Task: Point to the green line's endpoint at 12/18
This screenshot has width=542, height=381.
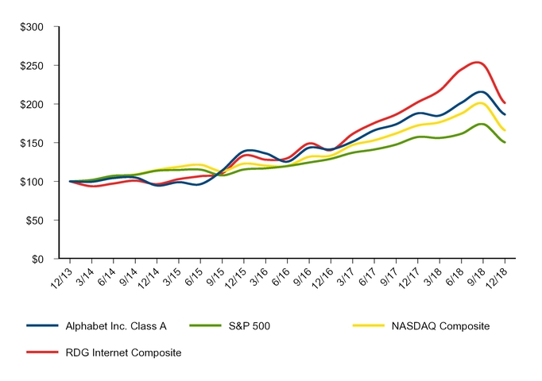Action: [x=505, y=143]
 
